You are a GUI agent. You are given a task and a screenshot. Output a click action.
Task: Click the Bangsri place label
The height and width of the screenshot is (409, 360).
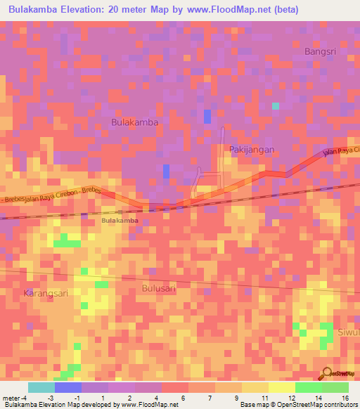pos(320,51)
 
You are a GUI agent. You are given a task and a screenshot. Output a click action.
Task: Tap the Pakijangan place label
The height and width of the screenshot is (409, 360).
pos(251,150)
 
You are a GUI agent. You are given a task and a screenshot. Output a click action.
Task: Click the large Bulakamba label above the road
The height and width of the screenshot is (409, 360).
pos(135,122)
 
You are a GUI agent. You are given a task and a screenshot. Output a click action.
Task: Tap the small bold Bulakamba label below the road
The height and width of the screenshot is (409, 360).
pos(120,221)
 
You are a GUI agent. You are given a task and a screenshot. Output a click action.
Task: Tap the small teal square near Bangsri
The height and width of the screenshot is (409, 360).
pos(276,106)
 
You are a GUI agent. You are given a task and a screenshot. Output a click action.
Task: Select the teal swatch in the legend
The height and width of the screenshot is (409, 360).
pos(41,387)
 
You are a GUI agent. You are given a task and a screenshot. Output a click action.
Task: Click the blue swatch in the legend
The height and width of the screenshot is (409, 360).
pos(68,387)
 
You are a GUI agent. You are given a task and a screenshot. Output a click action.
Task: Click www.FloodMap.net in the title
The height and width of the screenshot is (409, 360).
pos(236,10)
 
